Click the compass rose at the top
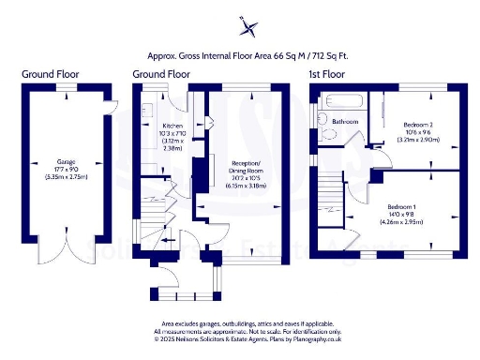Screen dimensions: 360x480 [x=247, y=25]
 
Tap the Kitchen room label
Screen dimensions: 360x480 [x=172, y=125]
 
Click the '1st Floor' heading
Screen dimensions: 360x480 [x=327, y=73]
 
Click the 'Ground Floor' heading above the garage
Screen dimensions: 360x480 [x=51, y=73]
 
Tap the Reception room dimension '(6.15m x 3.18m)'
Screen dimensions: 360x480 [x=246, y=187]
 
